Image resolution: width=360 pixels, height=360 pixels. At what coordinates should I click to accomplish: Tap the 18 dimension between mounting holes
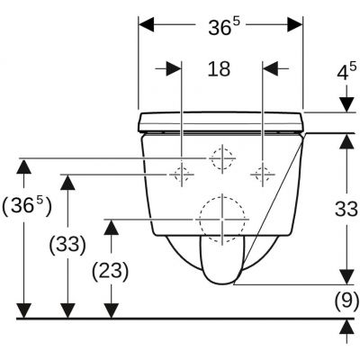[219, 68]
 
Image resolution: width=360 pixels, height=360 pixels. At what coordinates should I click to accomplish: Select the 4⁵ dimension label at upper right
[346, 71]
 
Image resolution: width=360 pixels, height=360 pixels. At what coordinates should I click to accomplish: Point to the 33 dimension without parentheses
[346, 209]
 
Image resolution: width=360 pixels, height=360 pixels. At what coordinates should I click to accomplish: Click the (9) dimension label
[346, 300]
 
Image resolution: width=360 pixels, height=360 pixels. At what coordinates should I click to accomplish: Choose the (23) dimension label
[110, 272]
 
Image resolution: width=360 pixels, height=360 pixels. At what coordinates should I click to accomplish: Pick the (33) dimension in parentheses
[67, 245]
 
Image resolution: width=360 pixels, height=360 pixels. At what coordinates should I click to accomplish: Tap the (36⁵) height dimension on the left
[27, 207]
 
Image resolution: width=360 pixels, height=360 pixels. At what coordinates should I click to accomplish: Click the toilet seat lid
[221, 121]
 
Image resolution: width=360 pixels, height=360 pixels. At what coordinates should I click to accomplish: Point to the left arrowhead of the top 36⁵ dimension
[146, 24]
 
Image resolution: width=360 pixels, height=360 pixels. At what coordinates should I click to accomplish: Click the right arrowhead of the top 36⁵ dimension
[295, 24]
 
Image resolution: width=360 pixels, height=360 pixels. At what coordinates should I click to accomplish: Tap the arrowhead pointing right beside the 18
[174, 69]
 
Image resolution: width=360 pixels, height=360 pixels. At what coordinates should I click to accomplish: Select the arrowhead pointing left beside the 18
[270, 68]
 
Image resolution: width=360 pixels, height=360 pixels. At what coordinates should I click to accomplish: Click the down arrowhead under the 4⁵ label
[346, 105]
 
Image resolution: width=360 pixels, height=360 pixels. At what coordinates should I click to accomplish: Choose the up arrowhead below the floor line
[346, 327]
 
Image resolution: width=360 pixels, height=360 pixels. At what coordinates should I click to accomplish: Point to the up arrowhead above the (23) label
[112, 227]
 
